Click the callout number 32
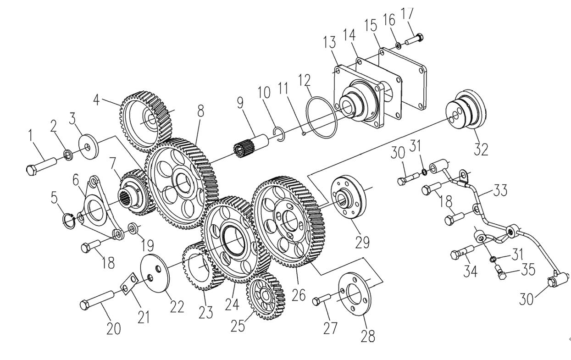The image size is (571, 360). [481, 149]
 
